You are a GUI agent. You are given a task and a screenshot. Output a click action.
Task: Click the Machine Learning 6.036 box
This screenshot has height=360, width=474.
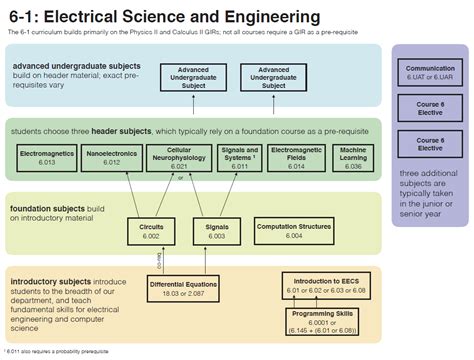point(352,157)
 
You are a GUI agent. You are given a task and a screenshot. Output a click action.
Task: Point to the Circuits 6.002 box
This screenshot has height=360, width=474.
point(151,231)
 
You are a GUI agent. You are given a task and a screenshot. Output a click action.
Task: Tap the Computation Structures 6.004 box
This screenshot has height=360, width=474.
point(293,231)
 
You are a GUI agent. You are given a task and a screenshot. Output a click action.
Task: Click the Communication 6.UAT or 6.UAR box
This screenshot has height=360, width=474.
point(430,72)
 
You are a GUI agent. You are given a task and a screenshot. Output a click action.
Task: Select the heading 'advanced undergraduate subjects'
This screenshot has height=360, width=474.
point(76,66)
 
